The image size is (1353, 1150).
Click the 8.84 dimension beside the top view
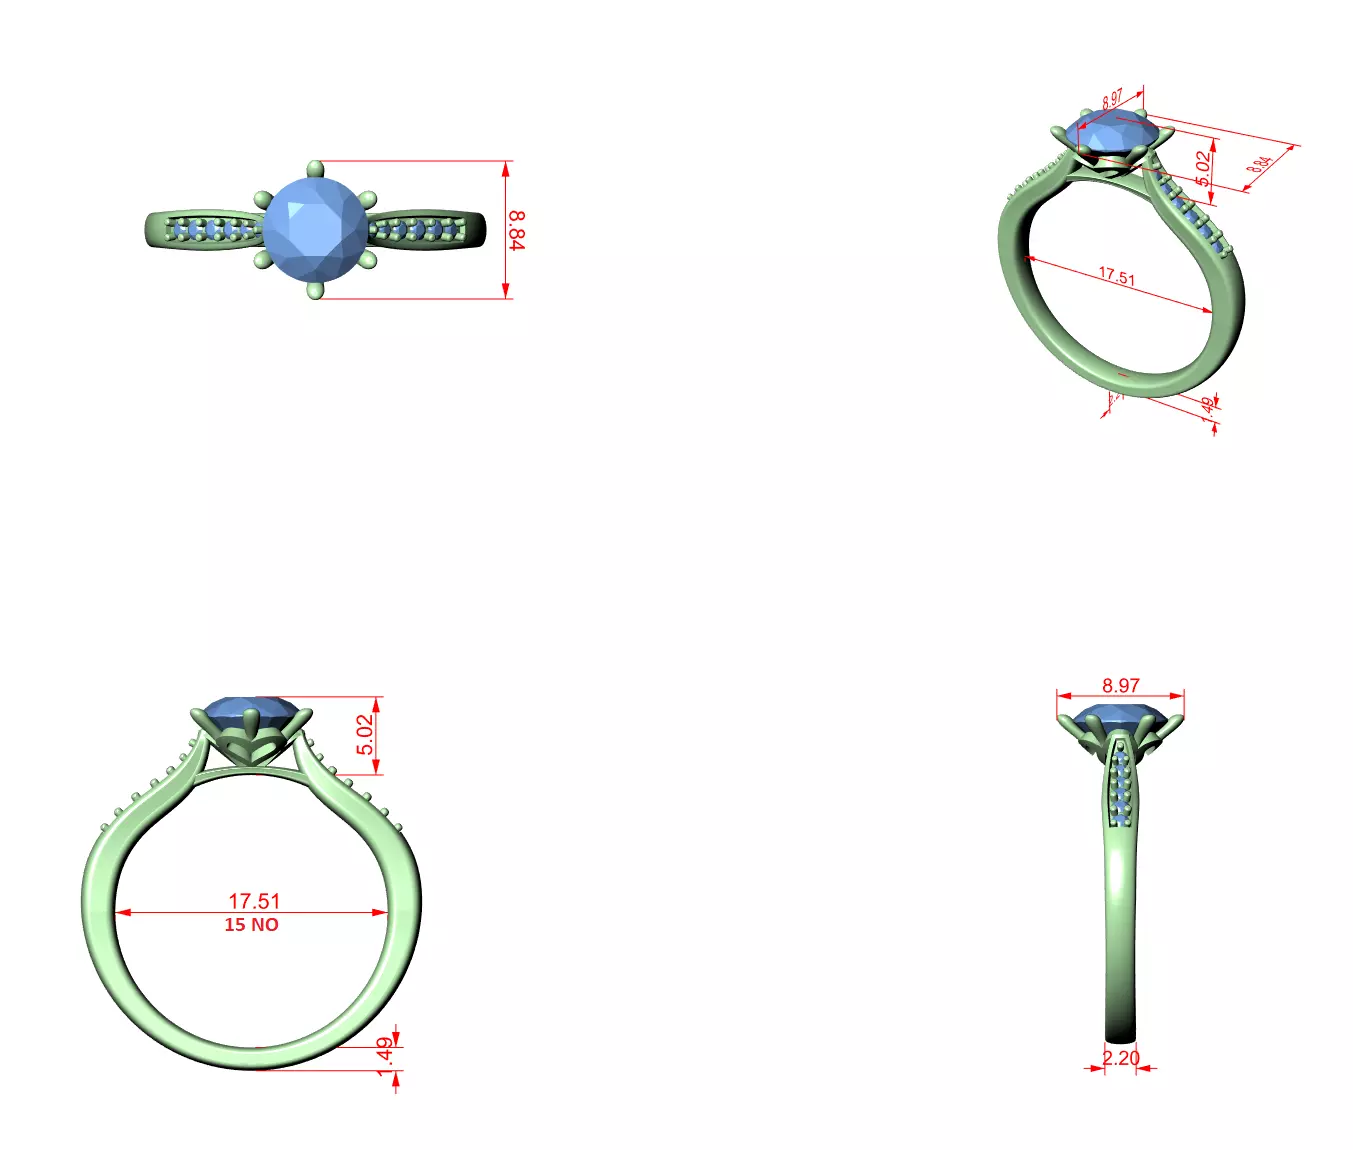516,229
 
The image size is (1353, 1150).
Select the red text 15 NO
251,925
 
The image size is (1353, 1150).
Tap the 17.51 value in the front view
254,901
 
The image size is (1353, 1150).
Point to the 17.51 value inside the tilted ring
1117,275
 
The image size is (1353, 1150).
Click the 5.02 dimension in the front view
366,734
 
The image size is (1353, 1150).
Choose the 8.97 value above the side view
1121,685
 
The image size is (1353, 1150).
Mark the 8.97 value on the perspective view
1112,100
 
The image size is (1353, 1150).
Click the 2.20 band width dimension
1121,1058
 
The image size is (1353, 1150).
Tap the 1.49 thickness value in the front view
385,1056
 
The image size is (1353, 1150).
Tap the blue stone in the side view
1120,718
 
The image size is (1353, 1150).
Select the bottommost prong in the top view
316,291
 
